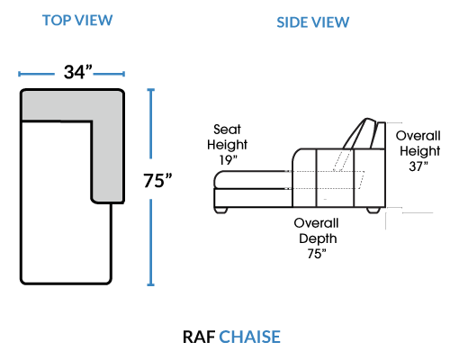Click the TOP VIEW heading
click(77, 21)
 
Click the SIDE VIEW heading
click(313, 22)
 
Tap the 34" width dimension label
click(78, 72)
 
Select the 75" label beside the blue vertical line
click(157, 181)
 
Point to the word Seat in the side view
click(227, 130)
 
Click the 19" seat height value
click(228, 160)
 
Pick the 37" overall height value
click(418, 166)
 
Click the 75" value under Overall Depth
click(317, 254)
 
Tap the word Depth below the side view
click(318, 238)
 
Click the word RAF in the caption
click(199, 337)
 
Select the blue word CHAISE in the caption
click(249, 337)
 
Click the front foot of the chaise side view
click(221, 211)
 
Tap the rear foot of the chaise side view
click(373, 211)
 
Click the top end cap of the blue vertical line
click(151, 89)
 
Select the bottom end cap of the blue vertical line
click(151, 284)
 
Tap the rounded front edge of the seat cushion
click(217, 179)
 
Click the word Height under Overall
click(420, 151)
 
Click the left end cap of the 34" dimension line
click(19, 74)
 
